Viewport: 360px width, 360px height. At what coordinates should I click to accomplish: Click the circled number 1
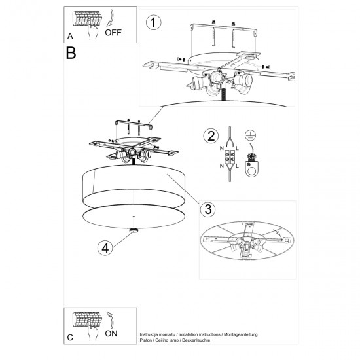click(153, 24)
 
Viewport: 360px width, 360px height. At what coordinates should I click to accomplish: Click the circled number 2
click(210, 136)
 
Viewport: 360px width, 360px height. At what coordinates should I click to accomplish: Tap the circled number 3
click(207, 209)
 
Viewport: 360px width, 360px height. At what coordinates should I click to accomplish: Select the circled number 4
click(104, 247)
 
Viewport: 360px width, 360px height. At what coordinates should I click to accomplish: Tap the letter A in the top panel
click(70, 36)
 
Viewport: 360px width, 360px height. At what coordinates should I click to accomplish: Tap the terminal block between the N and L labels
click(230, 158)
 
